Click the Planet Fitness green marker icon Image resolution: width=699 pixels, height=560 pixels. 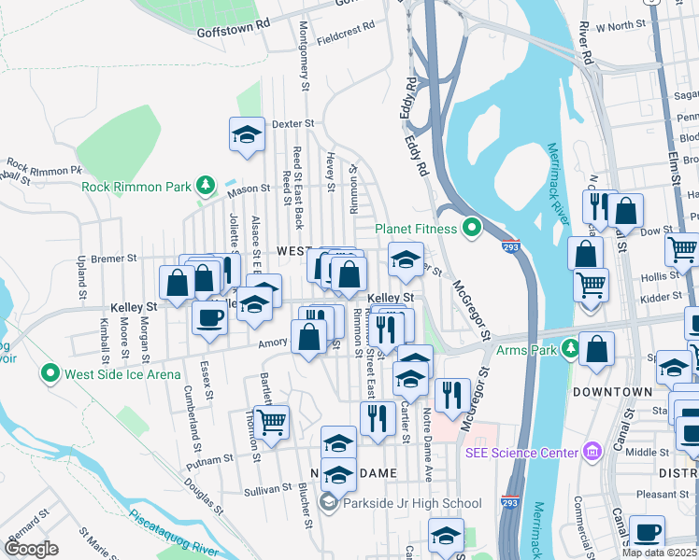473,228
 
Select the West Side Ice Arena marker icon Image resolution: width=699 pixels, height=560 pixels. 50,374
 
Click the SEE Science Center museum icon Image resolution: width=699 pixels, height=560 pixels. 591,453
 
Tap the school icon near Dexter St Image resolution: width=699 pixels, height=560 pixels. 247,133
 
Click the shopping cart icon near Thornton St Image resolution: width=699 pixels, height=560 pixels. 271,421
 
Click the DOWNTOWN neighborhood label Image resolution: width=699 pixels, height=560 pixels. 612,391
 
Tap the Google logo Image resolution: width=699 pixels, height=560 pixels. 33,548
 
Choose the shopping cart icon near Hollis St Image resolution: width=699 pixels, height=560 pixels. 590,284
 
